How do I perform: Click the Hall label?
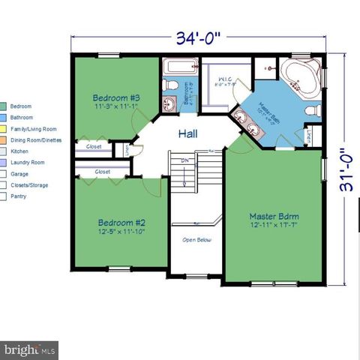click(x=188, y=134)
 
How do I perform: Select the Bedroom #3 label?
click(x=116, y=97)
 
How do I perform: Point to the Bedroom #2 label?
click(x=120, y=222)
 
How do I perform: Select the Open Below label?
click(x=196, y=241)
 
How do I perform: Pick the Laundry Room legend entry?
click(x=28, y=162)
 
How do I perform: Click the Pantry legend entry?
click(x=19, y=196)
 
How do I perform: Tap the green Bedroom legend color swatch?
click(x=4, y=106)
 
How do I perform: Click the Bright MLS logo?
click(x=29, y=349)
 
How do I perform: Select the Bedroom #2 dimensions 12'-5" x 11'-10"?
click(x=121, y=232)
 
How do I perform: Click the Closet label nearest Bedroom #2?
click(x=103, y=172)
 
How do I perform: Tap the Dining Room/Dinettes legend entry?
click(x=36, y=139)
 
